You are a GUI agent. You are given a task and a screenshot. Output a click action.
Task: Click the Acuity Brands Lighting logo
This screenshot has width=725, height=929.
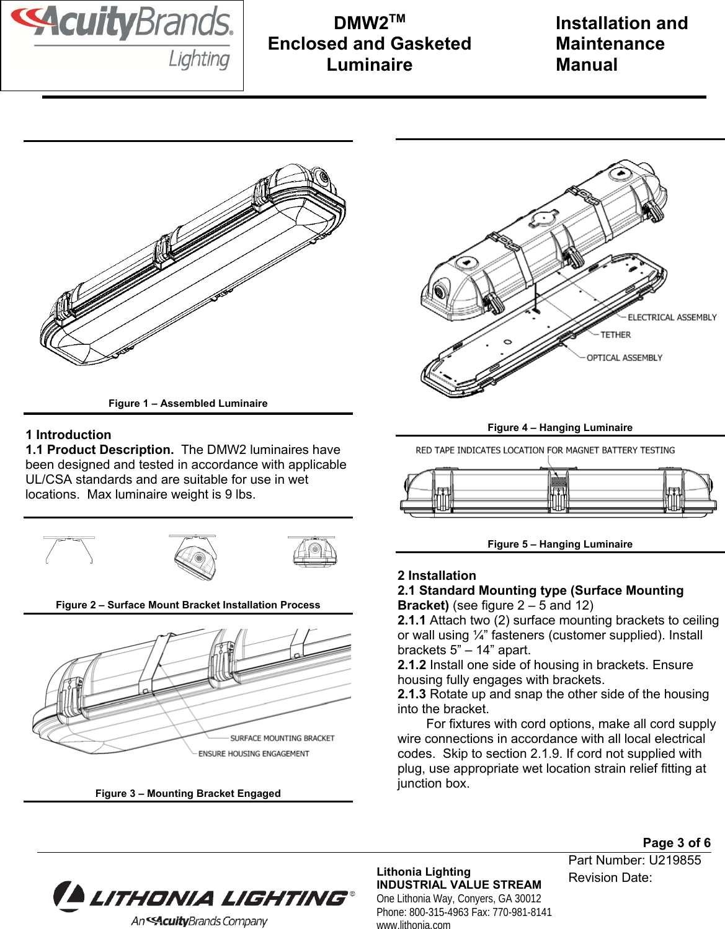(122, 38)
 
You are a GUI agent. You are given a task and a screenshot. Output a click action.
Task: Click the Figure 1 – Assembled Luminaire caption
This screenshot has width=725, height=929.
(188, 403)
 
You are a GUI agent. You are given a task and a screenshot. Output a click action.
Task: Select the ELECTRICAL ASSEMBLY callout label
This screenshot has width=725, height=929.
(672, 318)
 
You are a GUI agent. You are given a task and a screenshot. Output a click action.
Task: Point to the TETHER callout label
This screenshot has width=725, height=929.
(615, 335)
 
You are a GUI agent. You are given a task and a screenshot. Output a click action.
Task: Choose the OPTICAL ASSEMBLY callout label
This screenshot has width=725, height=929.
(624, 358)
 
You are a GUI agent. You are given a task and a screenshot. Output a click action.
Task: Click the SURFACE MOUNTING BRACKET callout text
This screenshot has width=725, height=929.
(282, 738)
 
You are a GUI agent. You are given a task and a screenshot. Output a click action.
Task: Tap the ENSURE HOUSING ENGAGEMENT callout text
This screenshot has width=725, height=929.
(254, 753)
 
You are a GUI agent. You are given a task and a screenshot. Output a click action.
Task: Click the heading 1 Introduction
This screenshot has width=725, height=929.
(69, 435)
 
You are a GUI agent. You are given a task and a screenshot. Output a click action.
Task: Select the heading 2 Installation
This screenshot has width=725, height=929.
(437, 576)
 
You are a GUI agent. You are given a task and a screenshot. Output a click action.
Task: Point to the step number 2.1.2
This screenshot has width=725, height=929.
(412, 665)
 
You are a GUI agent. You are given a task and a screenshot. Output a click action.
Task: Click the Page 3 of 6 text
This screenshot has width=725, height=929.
(677, 842)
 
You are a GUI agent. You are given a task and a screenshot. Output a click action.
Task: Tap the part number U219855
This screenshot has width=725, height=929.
(675, 860)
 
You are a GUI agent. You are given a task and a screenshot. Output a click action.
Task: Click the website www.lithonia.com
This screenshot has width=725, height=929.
(414, 925)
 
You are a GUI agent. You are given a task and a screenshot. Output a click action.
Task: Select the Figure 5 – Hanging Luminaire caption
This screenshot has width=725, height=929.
(560, 544)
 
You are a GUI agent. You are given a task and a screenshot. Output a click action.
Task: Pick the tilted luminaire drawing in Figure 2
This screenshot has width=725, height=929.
(195, 557)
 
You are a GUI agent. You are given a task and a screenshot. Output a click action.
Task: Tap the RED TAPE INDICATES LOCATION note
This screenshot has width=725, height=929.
(545, 450)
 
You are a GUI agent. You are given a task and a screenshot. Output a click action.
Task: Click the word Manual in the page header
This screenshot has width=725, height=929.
(587, 64)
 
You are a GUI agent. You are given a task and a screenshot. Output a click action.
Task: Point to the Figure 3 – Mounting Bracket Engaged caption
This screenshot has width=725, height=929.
(188, 793)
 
